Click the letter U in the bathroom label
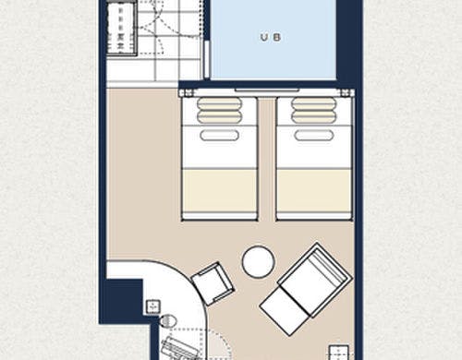tap(264, 38)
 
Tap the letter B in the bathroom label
tap(277, 38)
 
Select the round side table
tap(258, 261)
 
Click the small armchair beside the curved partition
tap(213, 283)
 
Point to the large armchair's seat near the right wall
tap(315, 280)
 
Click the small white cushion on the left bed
tap(220, 135)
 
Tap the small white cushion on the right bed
tap(314, 135)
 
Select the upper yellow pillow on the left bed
tap(220, 103)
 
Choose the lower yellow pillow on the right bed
tap(314, 116)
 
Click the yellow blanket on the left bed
tap(220, 191)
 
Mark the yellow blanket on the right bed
tap(314, 191)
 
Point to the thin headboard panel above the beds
tap(267, 90)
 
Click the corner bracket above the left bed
tap(187, 93)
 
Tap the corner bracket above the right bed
tap(347, 93)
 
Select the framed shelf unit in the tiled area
tap(122, 30)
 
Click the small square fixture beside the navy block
tap(153, 306)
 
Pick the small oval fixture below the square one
tap(168, 321)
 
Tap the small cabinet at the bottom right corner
tap(339, 353)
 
